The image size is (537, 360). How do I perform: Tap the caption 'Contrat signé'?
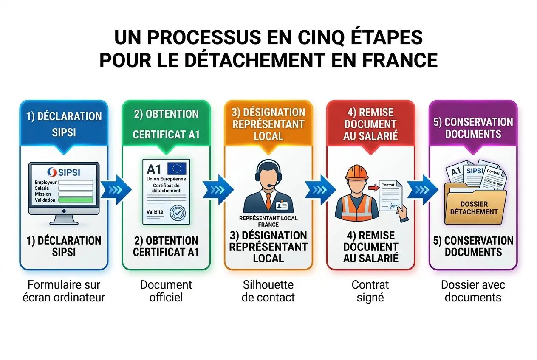(x=370, y=291)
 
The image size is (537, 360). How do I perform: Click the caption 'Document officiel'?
(x=166, y=291)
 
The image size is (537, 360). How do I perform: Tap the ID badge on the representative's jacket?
(x=281, y=206)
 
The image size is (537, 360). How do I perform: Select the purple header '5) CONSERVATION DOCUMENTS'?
(x=473, y=128)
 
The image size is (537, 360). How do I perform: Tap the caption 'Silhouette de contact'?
(x=268, y=291)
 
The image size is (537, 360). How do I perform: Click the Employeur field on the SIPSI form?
(x=75, y=183)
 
